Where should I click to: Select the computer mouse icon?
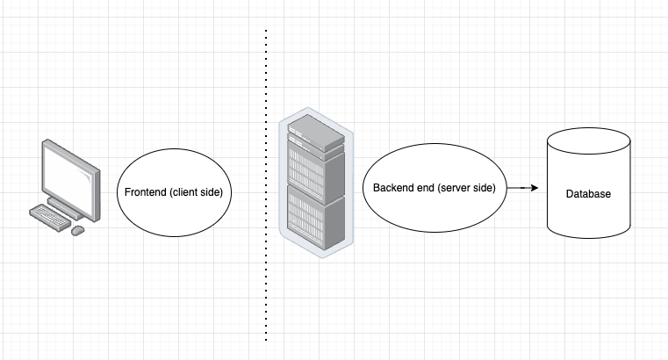(x=77, y=230)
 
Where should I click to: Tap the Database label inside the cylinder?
(x=587, y=194)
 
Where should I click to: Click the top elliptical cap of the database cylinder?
(x=587, y=141)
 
